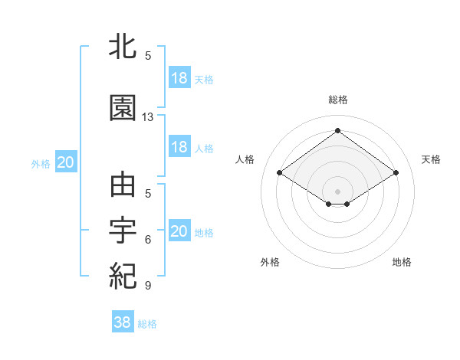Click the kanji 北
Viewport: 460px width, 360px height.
(123, 47)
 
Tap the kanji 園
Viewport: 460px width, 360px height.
(123, 108)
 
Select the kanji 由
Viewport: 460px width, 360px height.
(123, 186)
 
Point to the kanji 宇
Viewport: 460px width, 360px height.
(123, 231)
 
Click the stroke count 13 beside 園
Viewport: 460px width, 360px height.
(148, 117)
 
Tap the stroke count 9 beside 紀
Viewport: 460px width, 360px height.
(148, 286)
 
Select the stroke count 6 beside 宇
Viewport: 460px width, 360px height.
(148, 240)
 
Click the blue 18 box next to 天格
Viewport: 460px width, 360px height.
(179, 78)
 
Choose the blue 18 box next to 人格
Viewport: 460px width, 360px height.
(179, 147)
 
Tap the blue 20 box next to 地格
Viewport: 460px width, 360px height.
(179, 231)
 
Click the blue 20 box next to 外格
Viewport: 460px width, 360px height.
(66, 162)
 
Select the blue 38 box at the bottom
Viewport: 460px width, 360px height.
(123, 322)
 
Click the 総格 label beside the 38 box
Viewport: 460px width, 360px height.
(147, 324)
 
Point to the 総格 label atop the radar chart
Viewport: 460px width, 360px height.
(338, 100)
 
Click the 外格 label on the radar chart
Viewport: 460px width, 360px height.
(270, 262)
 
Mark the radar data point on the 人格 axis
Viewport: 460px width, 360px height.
(280, 173)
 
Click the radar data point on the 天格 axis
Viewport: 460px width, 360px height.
(396, 173)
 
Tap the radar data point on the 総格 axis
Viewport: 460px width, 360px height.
(338, 130)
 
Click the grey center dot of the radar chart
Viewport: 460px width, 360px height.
(338, 190)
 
